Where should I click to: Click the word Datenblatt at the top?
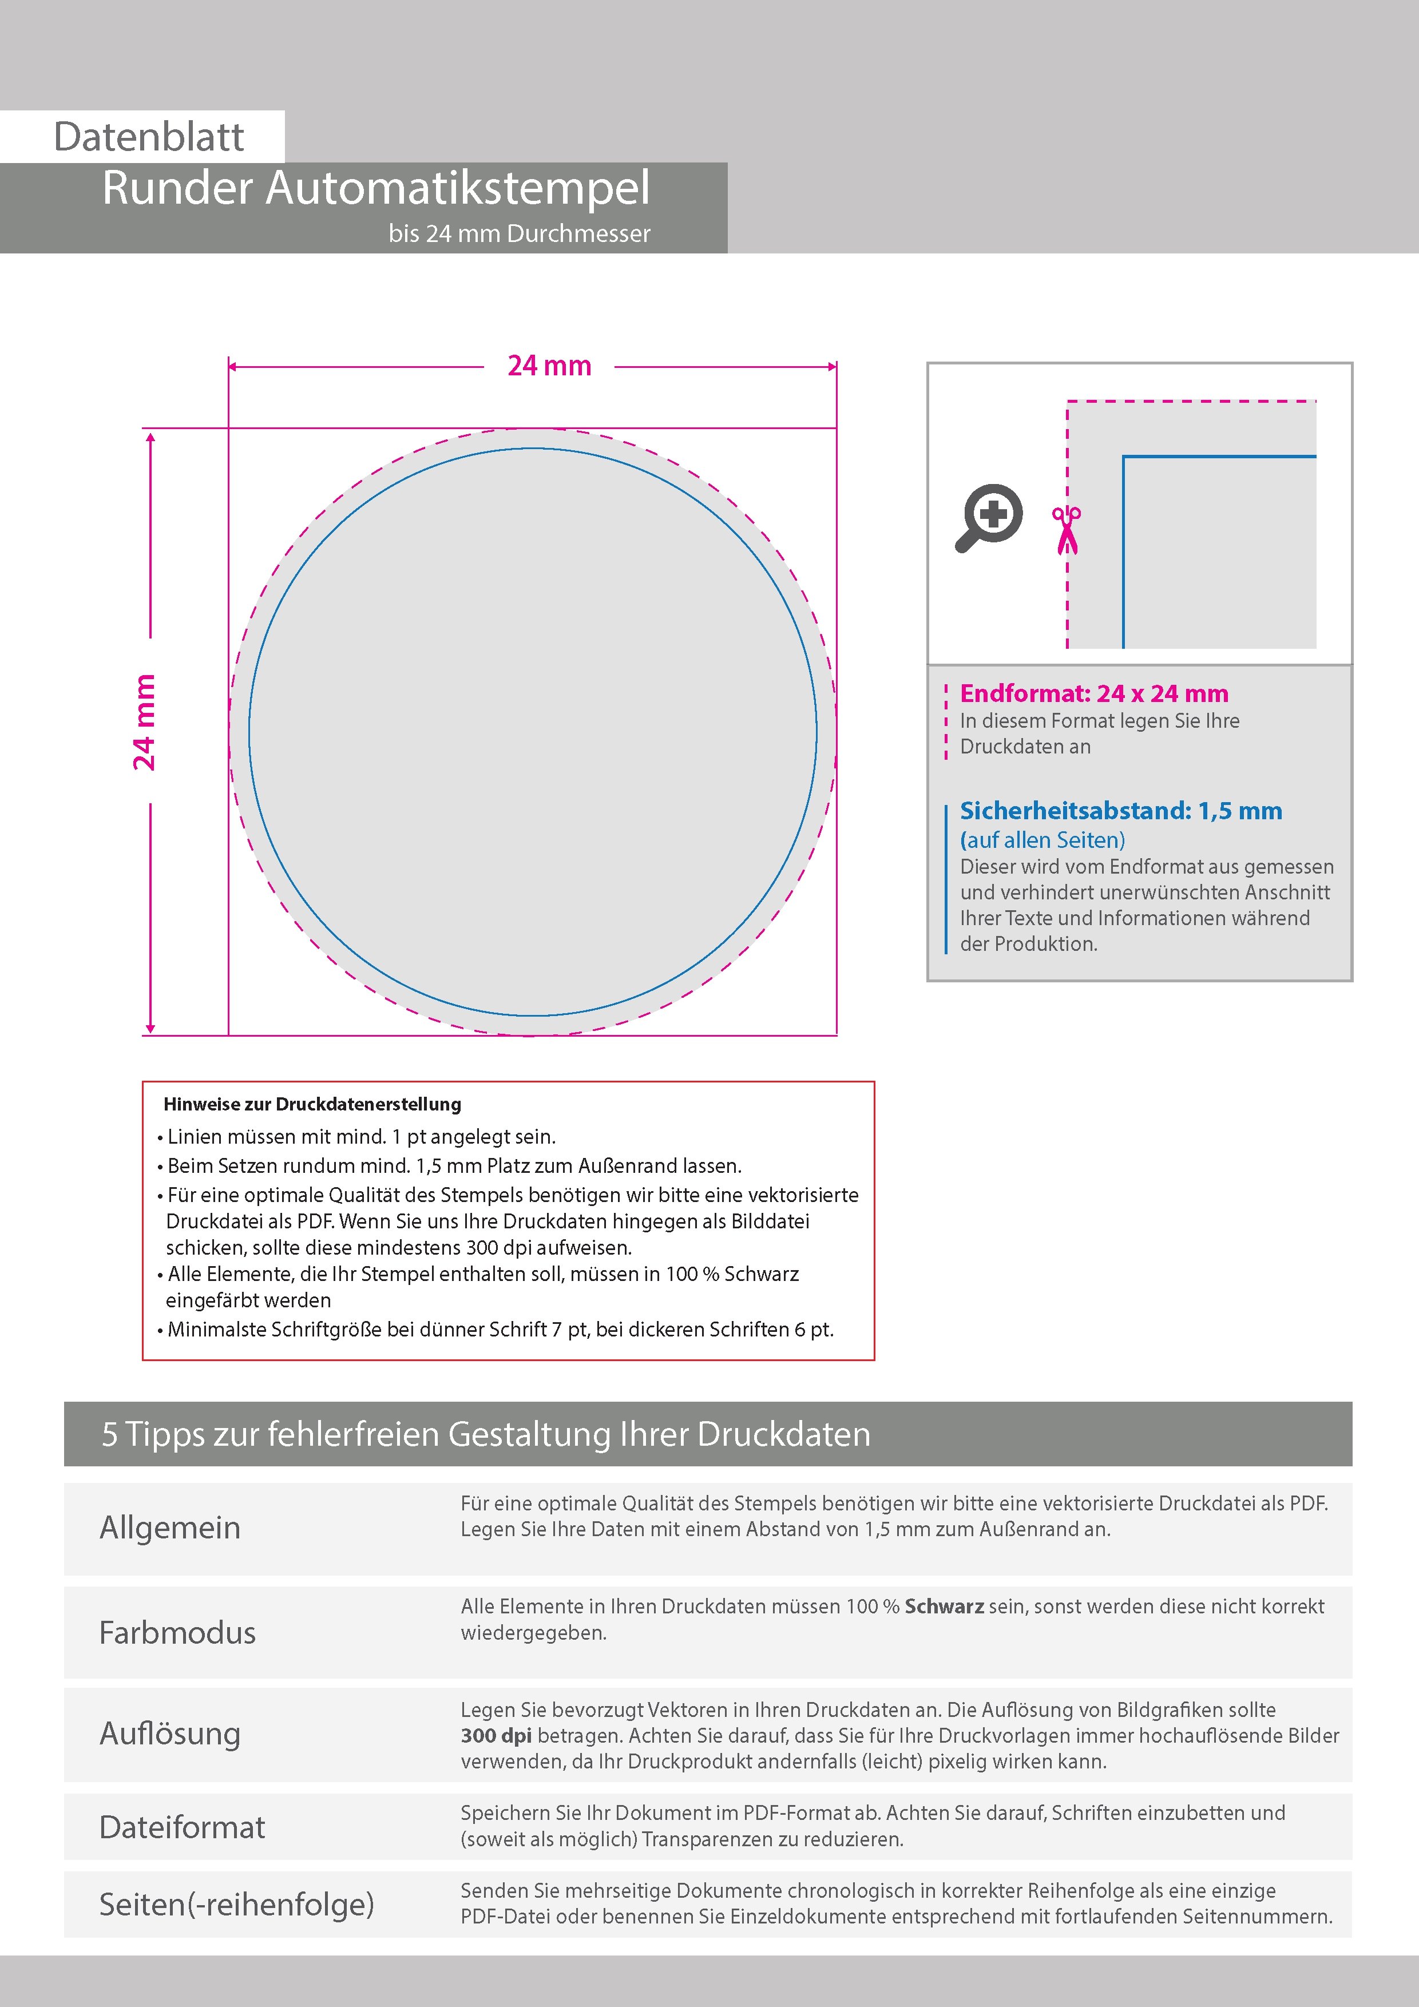tap(149, 137)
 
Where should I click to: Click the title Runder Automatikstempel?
tap(376, 188)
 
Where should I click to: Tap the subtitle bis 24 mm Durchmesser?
tap(520, 234)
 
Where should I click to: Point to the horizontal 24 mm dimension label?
tap(549, 366)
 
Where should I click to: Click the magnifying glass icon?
tap(989, 518)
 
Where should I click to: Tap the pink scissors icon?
tap(1067, 530)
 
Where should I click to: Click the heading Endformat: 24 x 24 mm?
tap(1094, 693)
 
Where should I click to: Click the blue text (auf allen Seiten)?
tap(1042, 840)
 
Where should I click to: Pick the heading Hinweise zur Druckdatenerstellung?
tap(312, 1104)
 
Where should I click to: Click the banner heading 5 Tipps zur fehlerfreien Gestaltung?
tap(486, 1434)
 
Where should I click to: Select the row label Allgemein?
tap(169, 1527)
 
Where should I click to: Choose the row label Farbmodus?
tap(177, 1632)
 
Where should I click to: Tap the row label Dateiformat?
tap(182, 1827)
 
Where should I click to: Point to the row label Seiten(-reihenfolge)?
tap(236, 1904)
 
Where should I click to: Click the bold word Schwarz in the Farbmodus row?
tap(944, 1607)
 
